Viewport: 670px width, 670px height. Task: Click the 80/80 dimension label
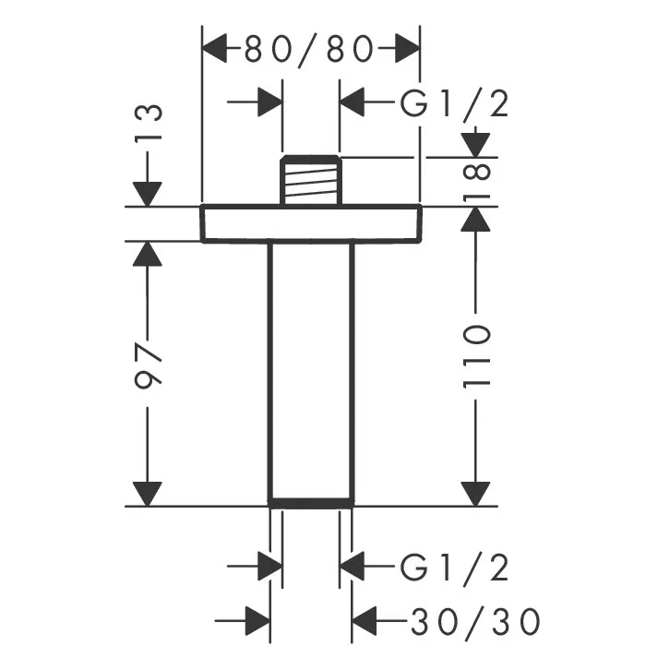[x=309, y=48]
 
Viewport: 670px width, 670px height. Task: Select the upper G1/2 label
[x=454, y=104]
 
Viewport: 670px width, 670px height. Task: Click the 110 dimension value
[x=476, y=354]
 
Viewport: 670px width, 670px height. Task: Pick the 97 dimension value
[x=148, y=367]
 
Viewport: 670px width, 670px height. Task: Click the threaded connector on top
[x=311, y=179]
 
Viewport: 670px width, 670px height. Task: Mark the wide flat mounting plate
[x=311, y=222]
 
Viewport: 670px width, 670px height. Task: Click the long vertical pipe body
[x=311, y=369]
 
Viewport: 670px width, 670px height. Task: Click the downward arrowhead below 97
[x=148, y=495]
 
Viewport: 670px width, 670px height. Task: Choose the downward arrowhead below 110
[x=475, y=495]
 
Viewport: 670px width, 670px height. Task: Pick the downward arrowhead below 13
[x=148, y=193]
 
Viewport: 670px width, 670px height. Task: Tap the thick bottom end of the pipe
[x=311, y=504]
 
